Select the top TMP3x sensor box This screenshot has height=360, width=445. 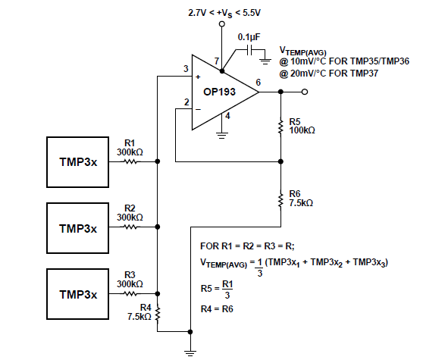point(78,161)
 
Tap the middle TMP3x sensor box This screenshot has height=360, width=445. point(78,227)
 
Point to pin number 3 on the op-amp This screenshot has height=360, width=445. point(185,70)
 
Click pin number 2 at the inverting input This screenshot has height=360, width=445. point(185,102)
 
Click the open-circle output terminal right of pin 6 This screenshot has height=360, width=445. point(305,92)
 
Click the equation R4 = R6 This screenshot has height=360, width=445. point(218,308)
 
